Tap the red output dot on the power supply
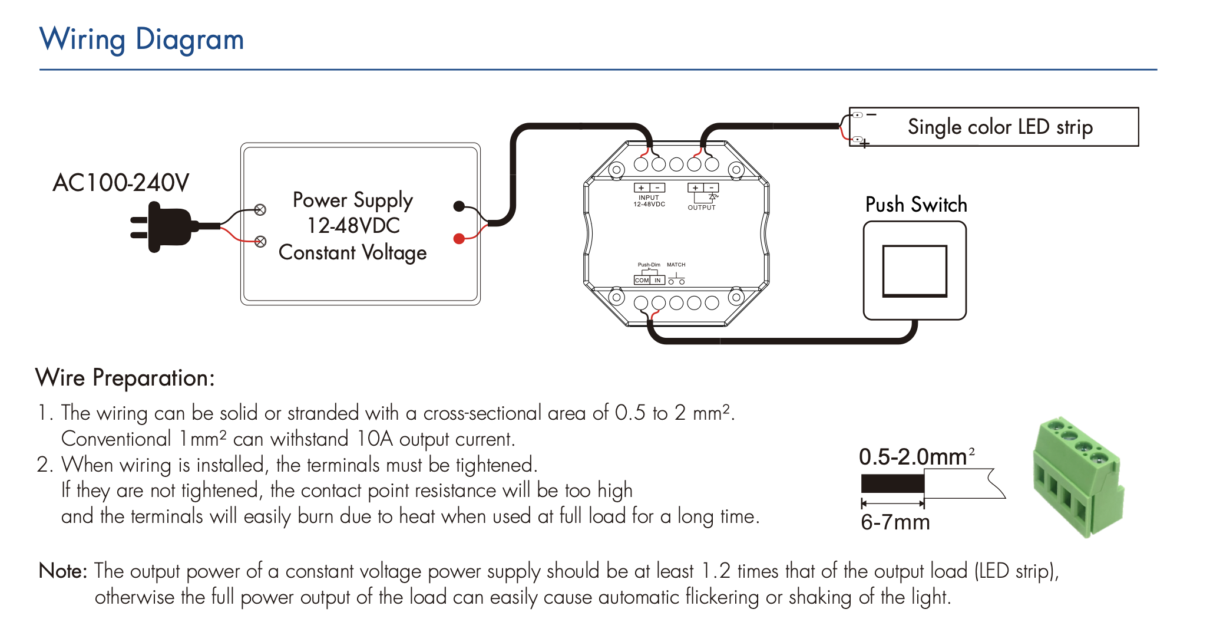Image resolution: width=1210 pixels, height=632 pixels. [459, 239]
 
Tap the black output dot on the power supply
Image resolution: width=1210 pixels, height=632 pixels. [459, 206]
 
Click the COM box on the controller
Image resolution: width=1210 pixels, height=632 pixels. [642, 281]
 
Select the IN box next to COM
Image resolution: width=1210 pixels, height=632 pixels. [657, 281]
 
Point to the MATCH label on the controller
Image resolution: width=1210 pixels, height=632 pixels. [676, 265]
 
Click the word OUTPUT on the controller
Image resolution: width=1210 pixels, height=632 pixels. [702, 208]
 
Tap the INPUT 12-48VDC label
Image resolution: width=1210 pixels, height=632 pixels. [649, 201]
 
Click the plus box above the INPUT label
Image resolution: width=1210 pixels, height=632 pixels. [642, 188]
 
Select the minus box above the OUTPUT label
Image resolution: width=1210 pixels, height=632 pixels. [712, 188]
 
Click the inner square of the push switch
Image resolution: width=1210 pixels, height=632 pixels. [914, 271]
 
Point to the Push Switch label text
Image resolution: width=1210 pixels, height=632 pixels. [916, 205]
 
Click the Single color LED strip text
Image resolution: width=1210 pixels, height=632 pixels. [1000, 127]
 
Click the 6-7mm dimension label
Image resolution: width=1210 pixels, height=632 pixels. [895, 522]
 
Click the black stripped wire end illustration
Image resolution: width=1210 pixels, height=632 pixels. [892, 483]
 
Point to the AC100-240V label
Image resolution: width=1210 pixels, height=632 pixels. [121, 183]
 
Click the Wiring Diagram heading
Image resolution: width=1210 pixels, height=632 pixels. [142, 39]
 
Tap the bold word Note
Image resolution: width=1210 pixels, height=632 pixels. [62, 571]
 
